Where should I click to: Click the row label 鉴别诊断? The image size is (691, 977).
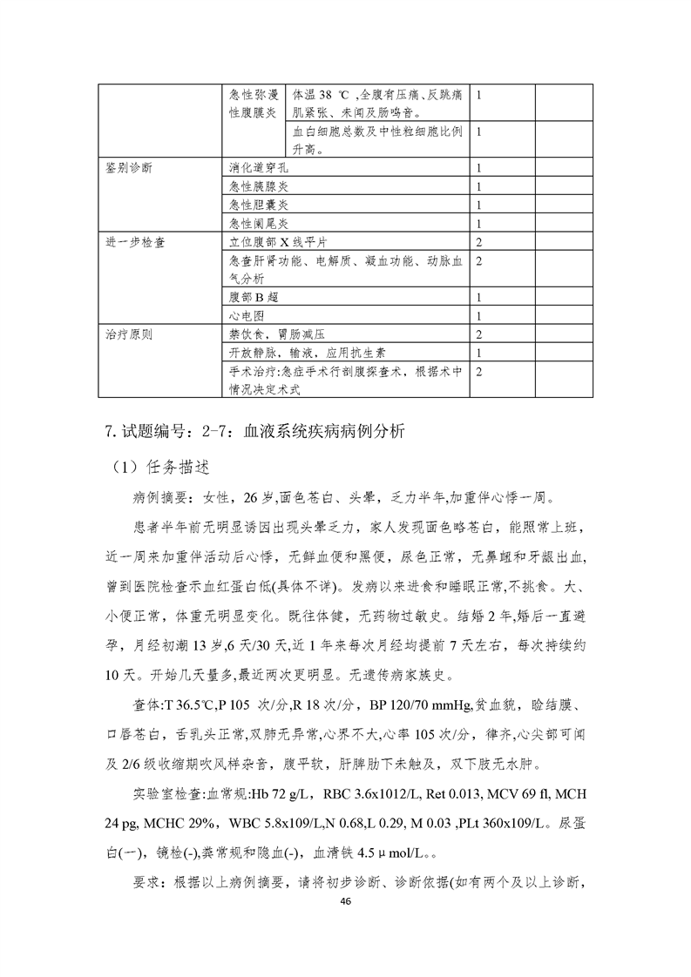(128, 168)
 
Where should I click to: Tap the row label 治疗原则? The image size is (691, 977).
(128, 334)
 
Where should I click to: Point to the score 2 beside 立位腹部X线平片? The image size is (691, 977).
(480, 241)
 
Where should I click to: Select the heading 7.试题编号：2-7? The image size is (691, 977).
(174, 430)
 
